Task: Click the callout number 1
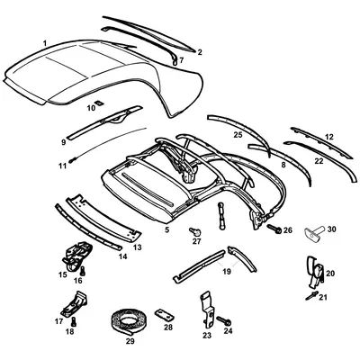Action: point(45,42)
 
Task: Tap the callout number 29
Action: point(130,343)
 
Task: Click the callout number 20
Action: point(329,273)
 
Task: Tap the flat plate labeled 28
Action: point(162,313)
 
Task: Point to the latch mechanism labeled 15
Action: point(75,256)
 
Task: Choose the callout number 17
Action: point(59,320)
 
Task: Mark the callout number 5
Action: point(166,230)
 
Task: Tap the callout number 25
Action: point(238,135)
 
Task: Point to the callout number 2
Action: point(200,52)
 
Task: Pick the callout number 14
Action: point(123,256)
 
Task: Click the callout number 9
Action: point(64,141)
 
